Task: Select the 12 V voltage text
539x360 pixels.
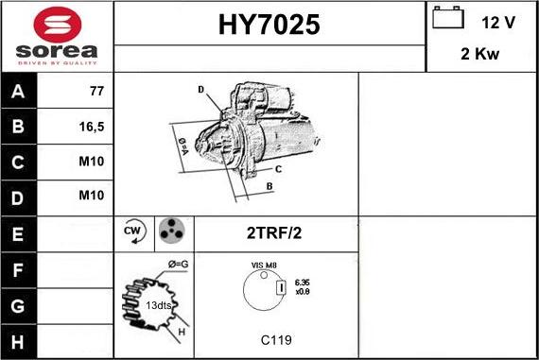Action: coord(497,22)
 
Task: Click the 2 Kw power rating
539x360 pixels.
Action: coord(480,54)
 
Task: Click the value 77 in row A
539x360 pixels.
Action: coord(96,92)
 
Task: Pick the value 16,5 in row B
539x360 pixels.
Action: coord(92,127)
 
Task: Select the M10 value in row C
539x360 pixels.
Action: coord(92,162)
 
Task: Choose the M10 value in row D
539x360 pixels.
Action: coord(92,197)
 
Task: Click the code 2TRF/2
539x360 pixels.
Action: coord(275,232)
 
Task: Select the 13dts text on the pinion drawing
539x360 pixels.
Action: coord(158,304)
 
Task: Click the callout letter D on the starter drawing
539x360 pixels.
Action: coord(200,90)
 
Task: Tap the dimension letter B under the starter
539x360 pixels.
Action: coord(269,187)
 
